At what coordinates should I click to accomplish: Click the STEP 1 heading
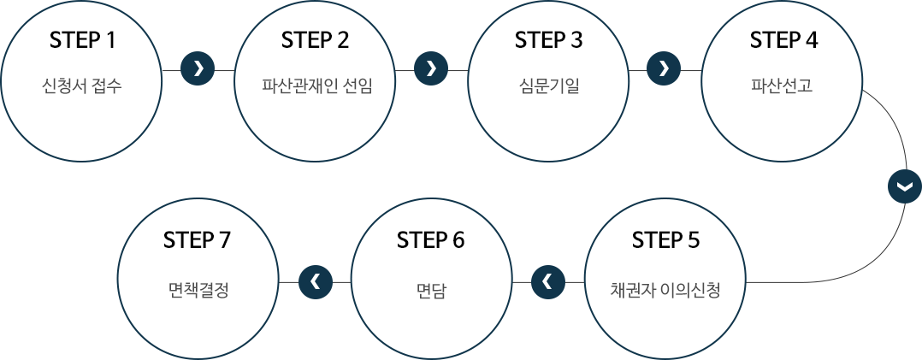click(x=82, y=40)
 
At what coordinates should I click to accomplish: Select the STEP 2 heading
click(x=315, y=40)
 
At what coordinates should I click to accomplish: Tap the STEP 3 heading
click(x=548, y=40)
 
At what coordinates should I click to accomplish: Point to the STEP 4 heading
click(x=783, y=40)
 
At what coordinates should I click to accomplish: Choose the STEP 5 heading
click(x=665, y=240)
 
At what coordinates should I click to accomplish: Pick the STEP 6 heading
click(x=430, y=240)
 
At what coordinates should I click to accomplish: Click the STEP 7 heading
click(x=197, y=240)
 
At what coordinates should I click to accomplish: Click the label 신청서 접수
click(x=82, y=86)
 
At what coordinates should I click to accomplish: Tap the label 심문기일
click(x=548, y=86)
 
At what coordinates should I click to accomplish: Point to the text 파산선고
click(x=782, y=86)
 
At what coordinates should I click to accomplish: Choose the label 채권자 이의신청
click(x=665, y=290)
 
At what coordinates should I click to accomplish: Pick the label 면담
click(x=430, y=290)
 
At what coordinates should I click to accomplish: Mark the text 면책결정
click(x=197, y=290)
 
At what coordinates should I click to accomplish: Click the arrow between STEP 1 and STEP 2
click(x=198, y=68)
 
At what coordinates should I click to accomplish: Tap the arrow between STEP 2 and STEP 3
click(x=431, y=68)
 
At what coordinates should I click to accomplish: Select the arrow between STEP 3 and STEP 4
click(x=664, y=68)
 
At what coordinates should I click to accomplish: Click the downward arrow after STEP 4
click(x=904, y=186)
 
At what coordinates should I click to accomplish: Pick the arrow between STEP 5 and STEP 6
click(x=548, y=282)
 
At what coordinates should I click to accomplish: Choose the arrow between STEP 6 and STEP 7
click(x=316, y=282)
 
